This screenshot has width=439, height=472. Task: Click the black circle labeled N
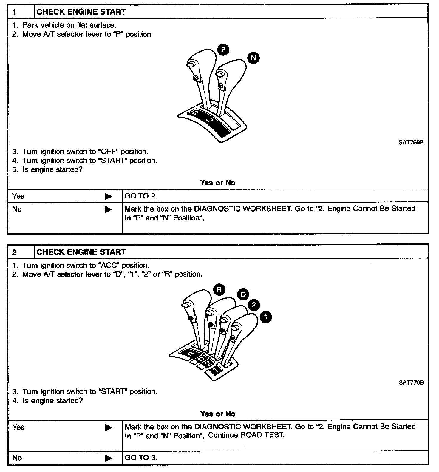pyautogui.click(x=253, y=58)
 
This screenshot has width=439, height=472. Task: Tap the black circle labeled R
pyautogui.click(x=219, y=289)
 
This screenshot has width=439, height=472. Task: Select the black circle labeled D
pyautogui.click(x=243, y=295)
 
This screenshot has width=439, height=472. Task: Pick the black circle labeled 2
pyautogui.click(x=254, y=305)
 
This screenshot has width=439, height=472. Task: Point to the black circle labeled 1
pyautogui.click(x=266, y=317)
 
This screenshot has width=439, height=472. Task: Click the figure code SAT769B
pyautogui.click(x=411, y=142)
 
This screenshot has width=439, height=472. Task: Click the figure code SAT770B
pyautogui.click(x=411, y=382)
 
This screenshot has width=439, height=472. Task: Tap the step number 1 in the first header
pyautogui.click(x=14, y=12)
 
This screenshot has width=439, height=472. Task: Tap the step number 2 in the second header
pyautogui.click(x=14, y=252)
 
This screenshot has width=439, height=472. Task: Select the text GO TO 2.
pyautogui.click(x=141, y=196)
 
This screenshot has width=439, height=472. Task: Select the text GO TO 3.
pyautogui.click(x=141, y=458)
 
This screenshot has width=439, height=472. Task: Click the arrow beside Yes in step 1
pyautogui.click(x=108, y=196)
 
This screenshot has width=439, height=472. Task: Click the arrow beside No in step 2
pyautogui.click(x=108, y=458)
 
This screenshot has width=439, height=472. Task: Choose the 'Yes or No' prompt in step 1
pyautogui.click(x=218, y=183)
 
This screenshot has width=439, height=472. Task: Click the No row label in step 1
pyautogui.click(x=17, y=209)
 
